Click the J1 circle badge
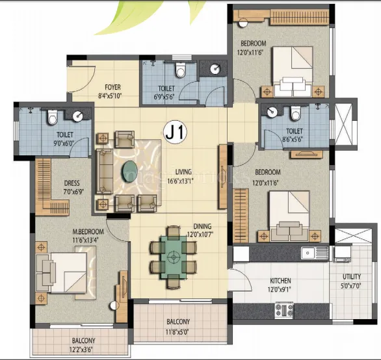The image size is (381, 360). pos(175,133)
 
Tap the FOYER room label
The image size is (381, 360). pos(114,87)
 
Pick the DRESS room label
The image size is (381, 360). pos(72,183)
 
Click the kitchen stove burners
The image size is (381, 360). pos(284,311)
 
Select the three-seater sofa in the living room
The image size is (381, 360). pos(104,171)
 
